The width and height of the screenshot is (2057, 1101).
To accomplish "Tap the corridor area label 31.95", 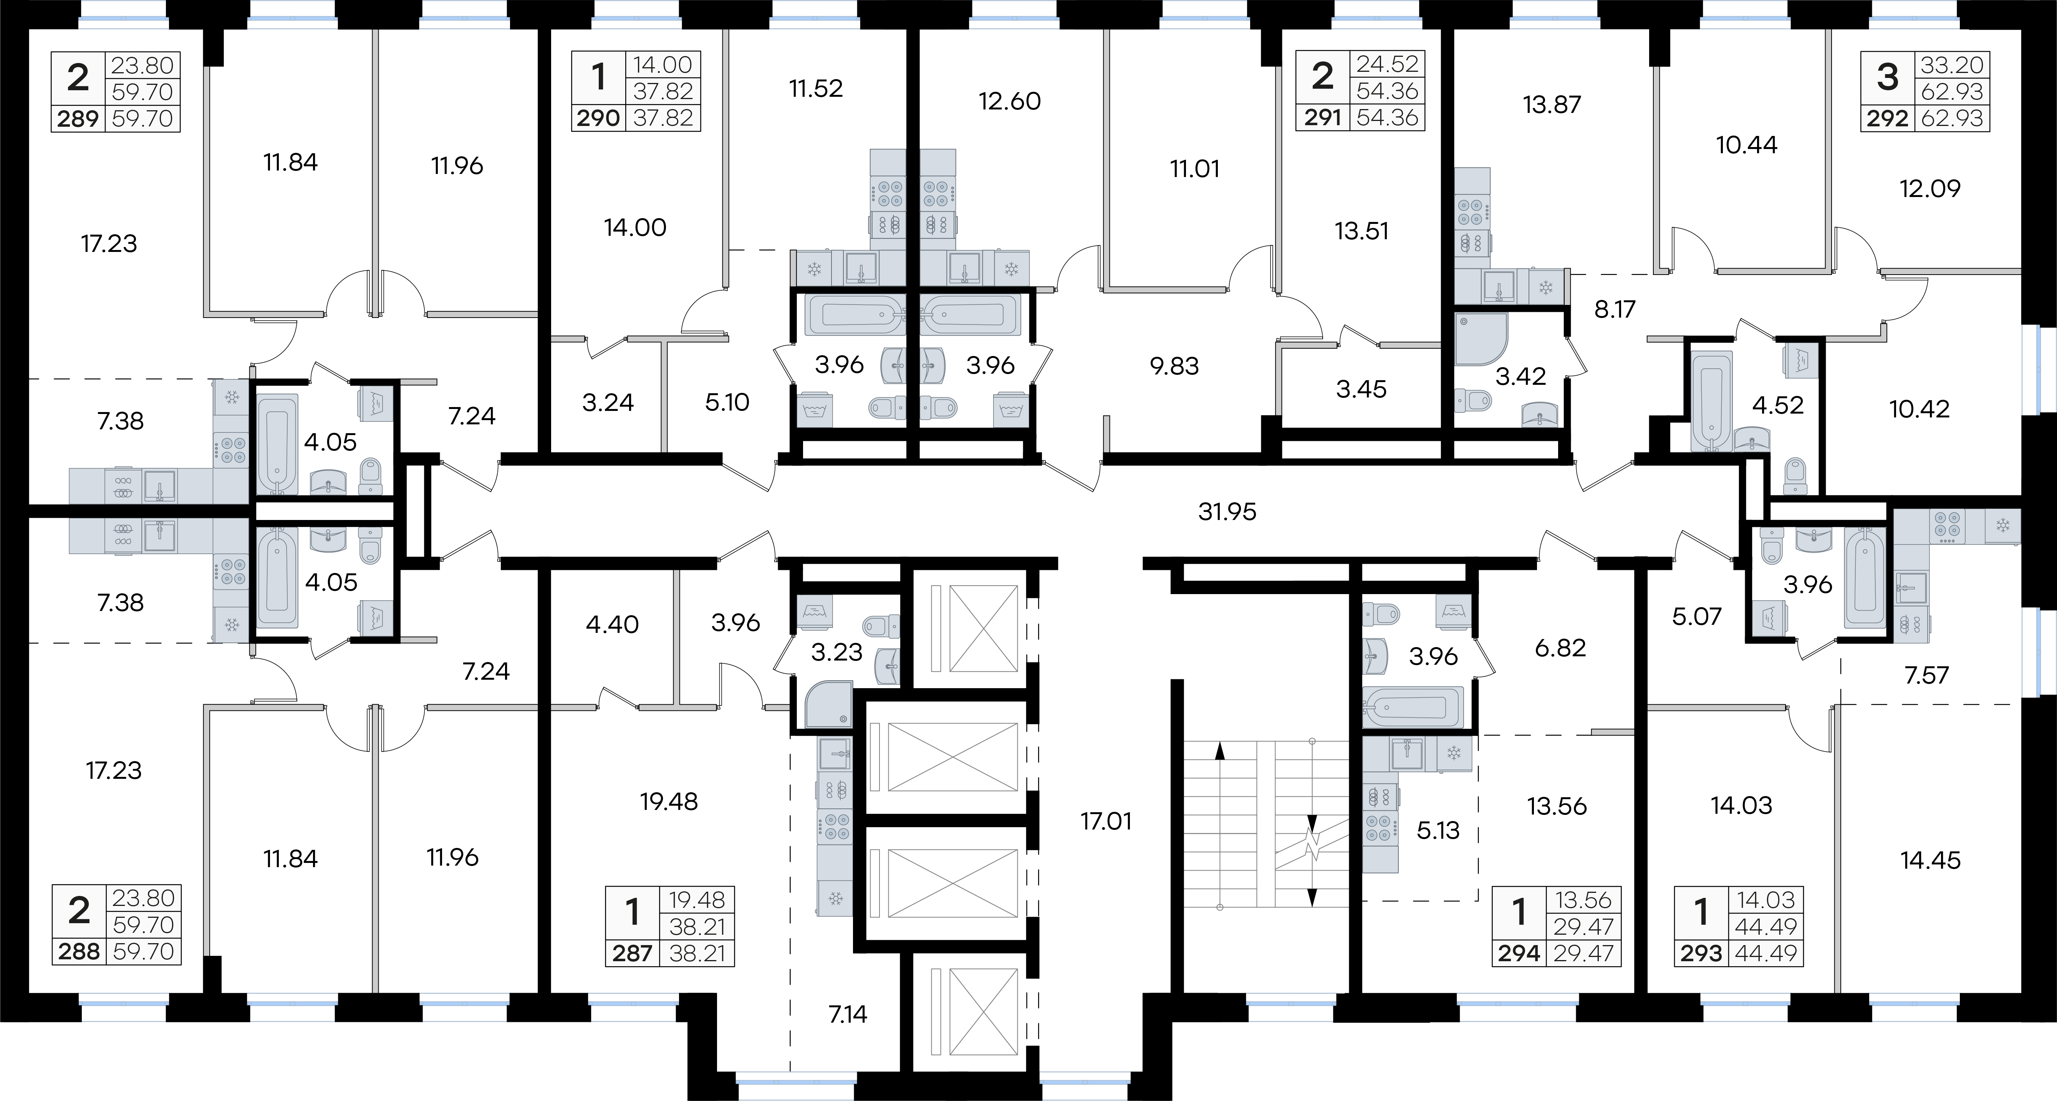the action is point(1227,512).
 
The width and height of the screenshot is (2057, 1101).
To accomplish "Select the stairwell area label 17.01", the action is point(1106,821).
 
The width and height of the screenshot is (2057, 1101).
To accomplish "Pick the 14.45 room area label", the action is point(1931,861).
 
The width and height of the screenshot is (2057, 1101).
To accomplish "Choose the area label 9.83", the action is point(1174,366).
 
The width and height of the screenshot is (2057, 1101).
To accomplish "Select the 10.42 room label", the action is point(1920,410).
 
